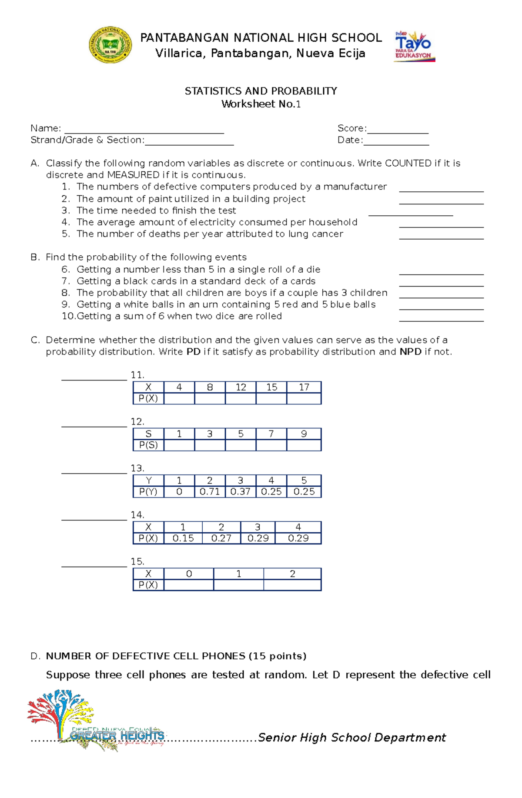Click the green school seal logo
coord(110,45)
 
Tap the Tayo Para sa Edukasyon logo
coord(414,46)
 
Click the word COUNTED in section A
coord(408,163)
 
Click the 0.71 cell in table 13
coord(210,492)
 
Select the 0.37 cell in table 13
coord(241,492)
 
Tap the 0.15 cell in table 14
coord(183,538)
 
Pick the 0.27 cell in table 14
coord(221,538)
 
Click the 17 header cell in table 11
coord(304,387)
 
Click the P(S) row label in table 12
coord(148,445)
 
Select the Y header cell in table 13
coord(148,481)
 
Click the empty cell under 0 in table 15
coord(189,585)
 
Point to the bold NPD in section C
coord(410,352)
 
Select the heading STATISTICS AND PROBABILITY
coord(261,91)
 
